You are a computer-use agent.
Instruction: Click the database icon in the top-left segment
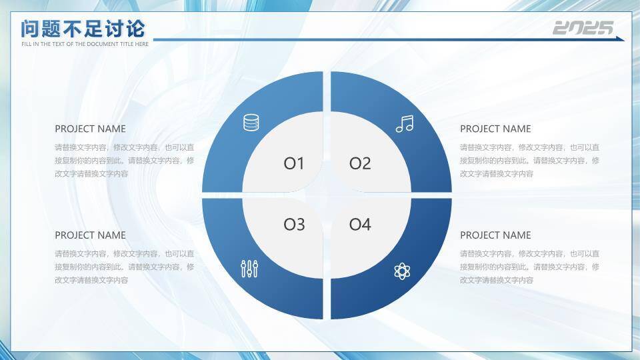[x=251, y=123]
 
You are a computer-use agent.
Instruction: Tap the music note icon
[x=405, y=124]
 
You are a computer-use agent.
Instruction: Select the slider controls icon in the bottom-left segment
[x=249, y=269]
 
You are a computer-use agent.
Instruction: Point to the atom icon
[x=402, y=271]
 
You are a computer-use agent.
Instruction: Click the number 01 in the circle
[x=294, y=164]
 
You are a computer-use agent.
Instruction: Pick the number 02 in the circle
[x=360, y=163]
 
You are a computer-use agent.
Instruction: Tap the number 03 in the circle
[x=294, y=225]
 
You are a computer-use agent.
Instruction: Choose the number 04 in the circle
[x=360, y=224]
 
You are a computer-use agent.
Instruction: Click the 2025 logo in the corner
[x=583, y=28]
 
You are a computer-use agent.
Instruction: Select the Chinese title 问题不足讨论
[x=83, y=29]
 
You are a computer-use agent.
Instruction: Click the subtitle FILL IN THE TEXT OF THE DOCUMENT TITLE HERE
[x=85, y=44]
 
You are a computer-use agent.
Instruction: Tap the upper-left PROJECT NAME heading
[x=90, y=129]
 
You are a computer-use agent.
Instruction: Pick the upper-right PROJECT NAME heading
[x=495, y=129]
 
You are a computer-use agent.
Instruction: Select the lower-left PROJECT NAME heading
[x=90, y=235]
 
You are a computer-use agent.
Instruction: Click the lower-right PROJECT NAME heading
[x=495, y=235]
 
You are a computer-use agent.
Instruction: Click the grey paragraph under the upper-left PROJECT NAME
[x=125, y=161]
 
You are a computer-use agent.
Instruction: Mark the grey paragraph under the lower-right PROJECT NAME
[x=530, y=267]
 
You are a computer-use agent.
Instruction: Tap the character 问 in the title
[x=30, y=29]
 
